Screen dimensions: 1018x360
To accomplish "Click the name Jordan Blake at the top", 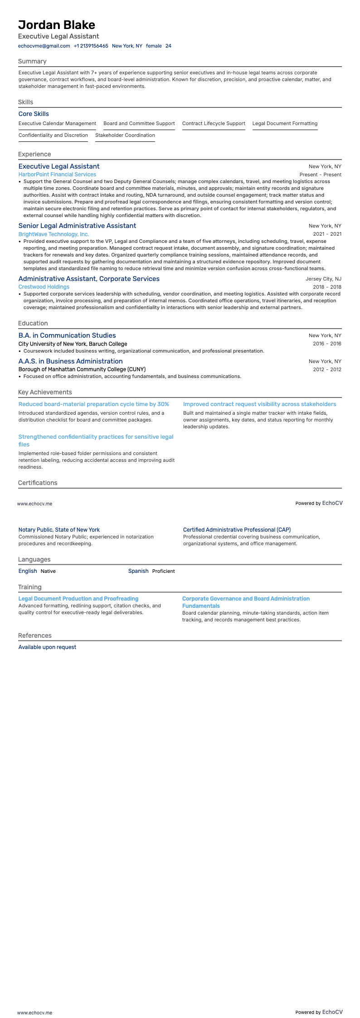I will (57, 24).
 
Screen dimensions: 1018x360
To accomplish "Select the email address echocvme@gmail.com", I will (44, 46).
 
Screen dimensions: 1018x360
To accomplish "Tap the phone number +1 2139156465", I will (91, 46).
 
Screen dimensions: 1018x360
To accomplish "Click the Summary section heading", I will (32, 61).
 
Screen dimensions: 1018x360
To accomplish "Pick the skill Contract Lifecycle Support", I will (214, 123).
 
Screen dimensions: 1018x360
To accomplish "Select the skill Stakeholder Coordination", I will (125, 135).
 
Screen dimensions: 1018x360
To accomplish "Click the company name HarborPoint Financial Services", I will (57, 175).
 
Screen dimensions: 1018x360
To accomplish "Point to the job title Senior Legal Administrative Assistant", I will (77, 226).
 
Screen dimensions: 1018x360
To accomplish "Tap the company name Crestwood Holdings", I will (44, 287).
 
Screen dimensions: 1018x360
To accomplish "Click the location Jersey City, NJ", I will (323, 279).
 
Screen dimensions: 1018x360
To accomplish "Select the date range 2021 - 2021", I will (327, 234).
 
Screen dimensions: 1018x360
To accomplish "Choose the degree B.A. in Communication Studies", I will (67, 335).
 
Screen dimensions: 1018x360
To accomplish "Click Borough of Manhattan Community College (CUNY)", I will (82, 369).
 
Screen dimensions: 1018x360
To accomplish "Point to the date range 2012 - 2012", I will (327, 369).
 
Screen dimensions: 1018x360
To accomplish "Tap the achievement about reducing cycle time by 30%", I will (94, 404).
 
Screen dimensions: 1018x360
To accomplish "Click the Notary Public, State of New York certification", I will (59, 529).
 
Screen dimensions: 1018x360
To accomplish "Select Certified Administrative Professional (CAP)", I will (237, 529).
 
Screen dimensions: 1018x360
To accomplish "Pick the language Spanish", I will (138, 571).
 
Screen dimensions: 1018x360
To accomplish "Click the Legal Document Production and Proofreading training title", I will (78, 599).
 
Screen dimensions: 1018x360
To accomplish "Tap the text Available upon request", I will (47, 647).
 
